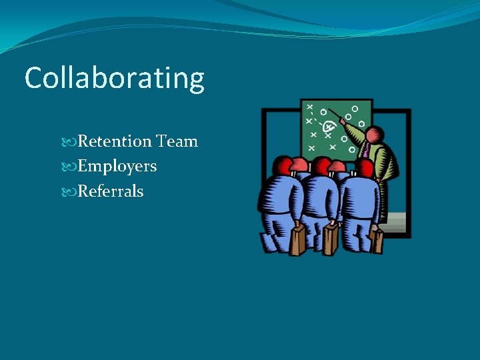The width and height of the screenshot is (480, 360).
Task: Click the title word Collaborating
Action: (114, 79)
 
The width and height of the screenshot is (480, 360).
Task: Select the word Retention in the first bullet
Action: (115, 141)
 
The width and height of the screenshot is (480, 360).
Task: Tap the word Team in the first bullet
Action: (177, 141)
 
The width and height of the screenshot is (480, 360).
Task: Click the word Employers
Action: (117, 166)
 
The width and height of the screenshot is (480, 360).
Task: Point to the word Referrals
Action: (111, 191)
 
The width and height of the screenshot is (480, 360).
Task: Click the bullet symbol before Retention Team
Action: (72, 142)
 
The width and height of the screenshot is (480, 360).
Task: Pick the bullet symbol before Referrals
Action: (72, 192)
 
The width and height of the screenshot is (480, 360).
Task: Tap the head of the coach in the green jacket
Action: (375, 134)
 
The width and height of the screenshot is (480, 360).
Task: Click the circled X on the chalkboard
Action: (328, 126)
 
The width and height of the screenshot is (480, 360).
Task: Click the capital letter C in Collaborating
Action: (33, 79)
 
